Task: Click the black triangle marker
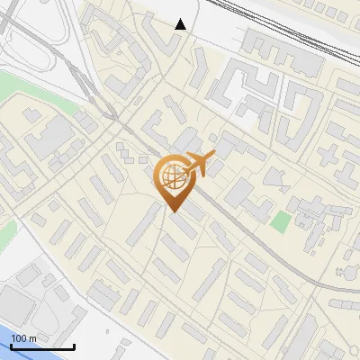(x=181, y=24)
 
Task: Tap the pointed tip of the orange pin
(x=174, y=211)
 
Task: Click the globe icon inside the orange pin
(x=172, y=177)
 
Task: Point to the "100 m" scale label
(x=23, y=338)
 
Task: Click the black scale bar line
(x=41, y=346)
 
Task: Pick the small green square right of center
(x=282, y=220)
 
